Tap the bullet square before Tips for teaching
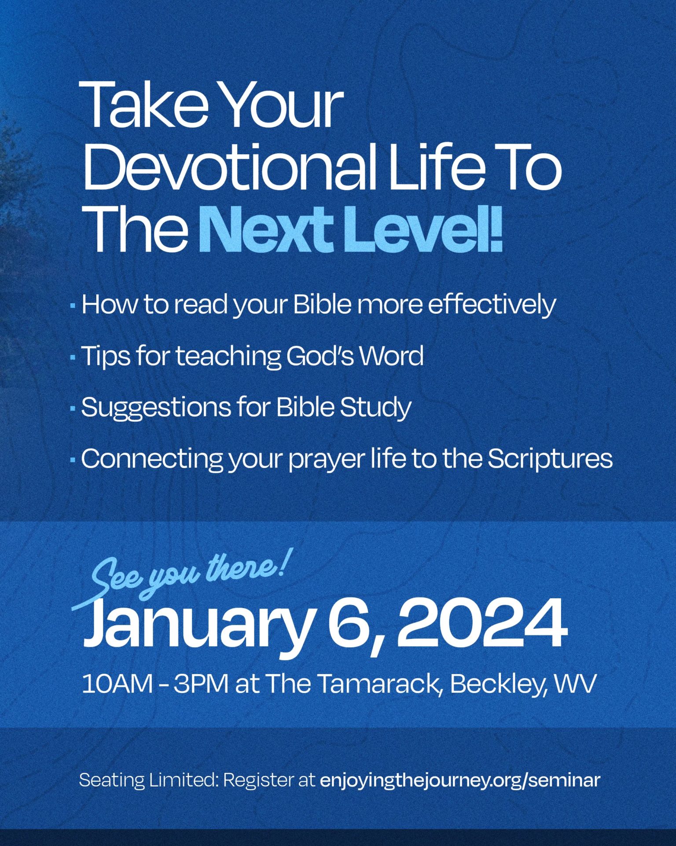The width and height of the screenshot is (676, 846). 73,357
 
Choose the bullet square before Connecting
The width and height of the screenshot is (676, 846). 73,460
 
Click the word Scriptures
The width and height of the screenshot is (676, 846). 550,459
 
